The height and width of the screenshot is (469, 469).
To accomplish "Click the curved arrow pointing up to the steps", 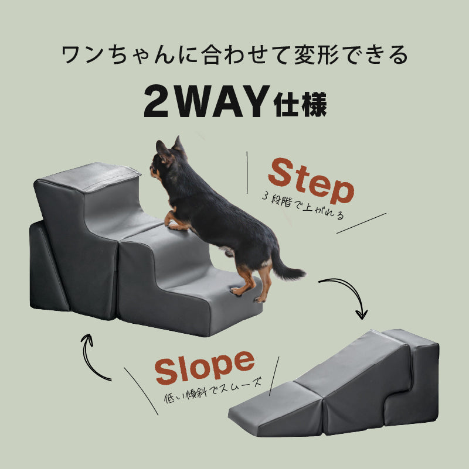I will point(94,357).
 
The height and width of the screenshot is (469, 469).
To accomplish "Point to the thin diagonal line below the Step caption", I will point(361,223).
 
